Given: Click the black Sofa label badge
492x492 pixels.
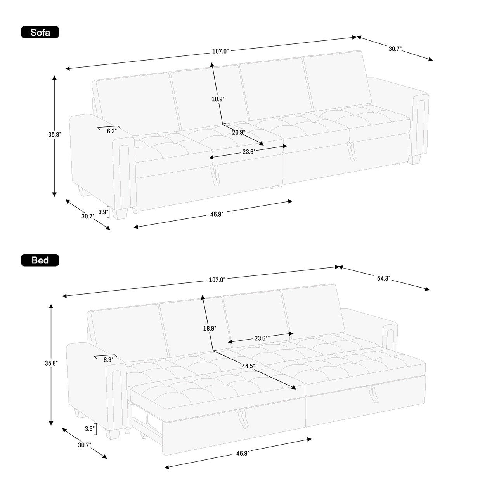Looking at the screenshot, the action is coord(40,32).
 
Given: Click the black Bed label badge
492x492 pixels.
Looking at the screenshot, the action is coord(40,260).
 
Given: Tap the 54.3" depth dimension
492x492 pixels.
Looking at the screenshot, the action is coord(384,278).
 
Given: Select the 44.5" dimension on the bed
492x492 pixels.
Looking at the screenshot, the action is coord(248,366).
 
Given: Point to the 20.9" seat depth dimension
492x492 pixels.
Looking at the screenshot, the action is coord(239,132).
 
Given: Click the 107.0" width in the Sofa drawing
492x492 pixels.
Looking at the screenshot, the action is coord(220,51).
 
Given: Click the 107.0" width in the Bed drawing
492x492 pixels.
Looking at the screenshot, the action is coord(217,280).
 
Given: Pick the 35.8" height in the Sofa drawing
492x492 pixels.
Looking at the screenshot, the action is coord(55,134).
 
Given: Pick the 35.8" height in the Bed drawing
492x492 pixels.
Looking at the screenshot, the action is coord(51,363).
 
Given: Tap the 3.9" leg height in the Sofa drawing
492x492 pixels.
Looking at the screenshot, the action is coord(103,212).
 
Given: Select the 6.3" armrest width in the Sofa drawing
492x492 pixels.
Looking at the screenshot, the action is coord(112,131).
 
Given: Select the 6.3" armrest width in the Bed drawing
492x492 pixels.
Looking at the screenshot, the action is coord(108,360).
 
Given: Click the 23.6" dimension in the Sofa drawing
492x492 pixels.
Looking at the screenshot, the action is coord(249,152).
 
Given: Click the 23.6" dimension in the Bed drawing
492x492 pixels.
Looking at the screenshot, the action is coord(261,338).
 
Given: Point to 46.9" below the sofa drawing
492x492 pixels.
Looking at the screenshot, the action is coord(217,214).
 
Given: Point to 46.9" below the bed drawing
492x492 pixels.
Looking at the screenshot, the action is coord(243,454).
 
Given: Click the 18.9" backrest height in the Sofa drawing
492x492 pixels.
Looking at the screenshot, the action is coord(218,99).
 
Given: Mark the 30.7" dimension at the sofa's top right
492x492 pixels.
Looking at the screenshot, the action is coord(395,49).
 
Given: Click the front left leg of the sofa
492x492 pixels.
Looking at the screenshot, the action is coord(120,214).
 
